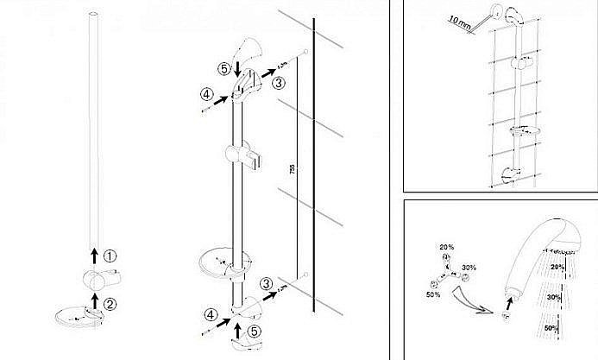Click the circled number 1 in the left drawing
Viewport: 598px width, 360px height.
[x=109, y=256]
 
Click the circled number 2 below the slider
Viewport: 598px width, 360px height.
[x=109, y=302]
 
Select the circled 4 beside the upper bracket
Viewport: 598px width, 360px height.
[x=206, y=93]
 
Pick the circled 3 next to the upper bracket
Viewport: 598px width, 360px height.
[x=279, y=83]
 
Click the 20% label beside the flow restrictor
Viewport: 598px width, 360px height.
[x=447, y=247]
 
